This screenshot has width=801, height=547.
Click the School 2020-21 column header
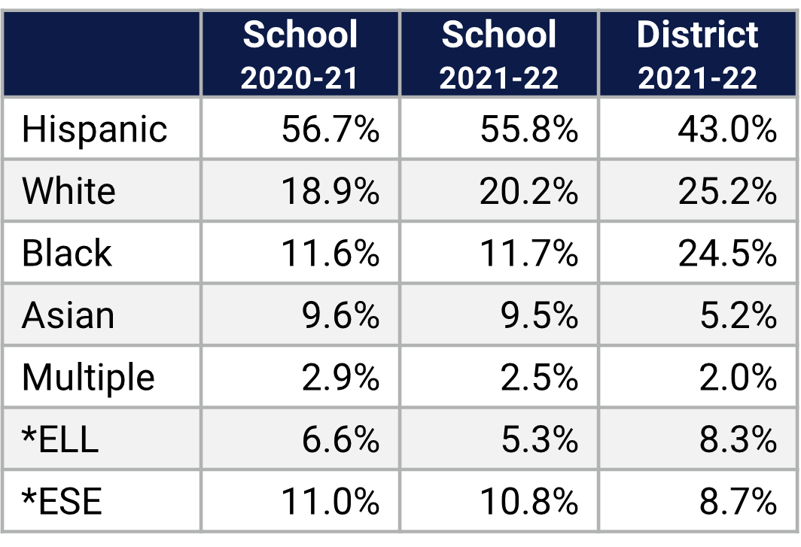[x=300, y=55]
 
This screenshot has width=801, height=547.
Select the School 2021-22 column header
[x=499, y=55]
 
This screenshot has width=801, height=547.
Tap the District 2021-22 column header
[x=698, y=55]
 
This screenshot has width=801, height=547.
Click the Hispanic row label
[x=94, y=129]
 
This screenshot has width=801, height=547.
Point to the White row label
[x=69, y=191]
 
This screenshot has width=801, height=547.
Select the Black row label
[x=66, y=253]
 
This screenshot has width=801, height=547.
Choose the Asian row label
[x=68, y=315]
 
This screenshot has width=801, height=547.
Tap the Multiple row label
[x=88, y=377]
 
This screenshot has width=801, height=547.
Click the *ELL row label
[x=60, y=439]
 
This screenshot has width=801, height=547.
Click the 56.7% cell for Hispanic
[x=330, y=129]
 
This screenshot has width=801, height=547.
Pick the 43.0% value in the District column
[x=726, y=129]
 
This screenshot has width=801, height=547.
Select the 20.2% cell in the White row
[x=528, y=191]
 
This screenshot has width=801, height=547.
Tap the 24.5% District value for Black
[x=726, y=253]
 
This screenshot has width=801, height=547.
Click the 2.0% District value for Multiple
[x=737, y=377]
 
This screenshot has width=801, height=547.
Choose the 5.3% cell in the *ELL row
[x=539, y=439]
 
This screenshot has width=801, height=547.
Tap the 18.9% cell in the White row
[x=330, y=191]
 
